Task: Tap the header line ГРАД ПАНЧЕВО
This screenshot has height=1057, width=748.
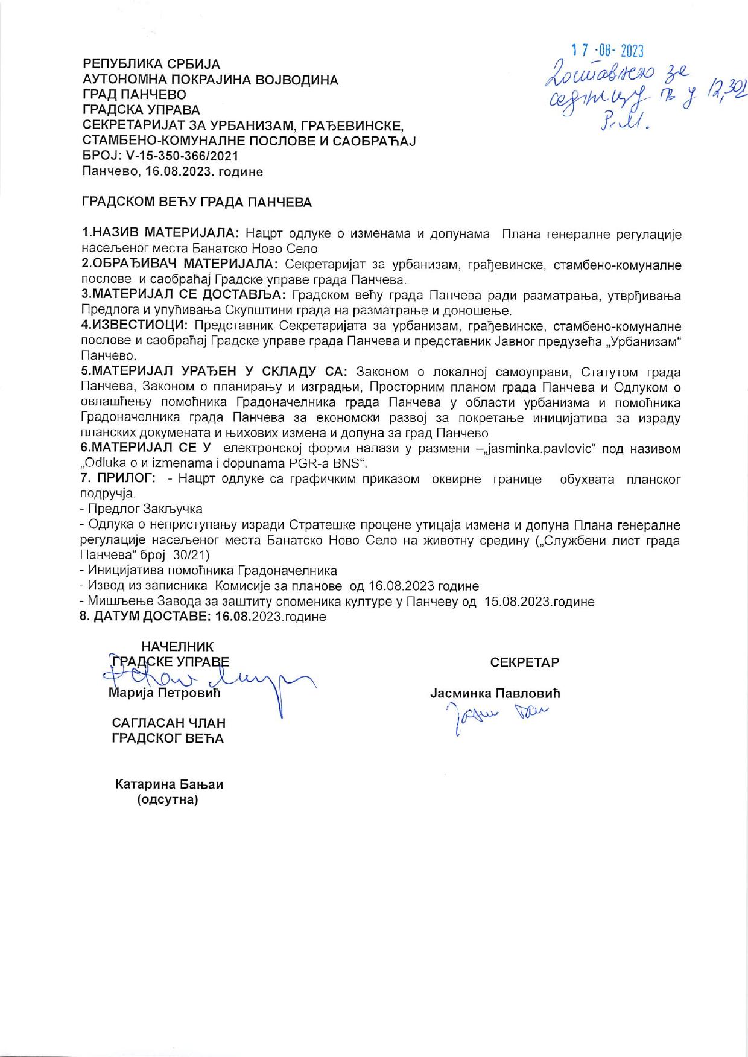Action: pos(134,94)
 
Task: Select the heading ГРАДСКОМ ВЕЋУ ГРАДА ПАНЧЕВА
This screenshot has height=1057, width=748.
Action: pos(197,203)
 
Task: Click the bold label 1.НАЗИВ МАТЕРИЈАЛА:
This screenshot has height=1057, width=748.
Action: pos(160,233)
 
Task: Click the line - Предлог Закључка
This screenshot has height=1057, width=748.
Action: pos(141,509)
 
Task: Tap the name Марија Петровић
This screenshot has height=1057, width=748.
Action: pos(164,693)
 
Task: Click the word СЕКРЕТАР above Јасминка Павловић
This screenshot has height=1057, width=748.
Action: pos(525,662)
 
